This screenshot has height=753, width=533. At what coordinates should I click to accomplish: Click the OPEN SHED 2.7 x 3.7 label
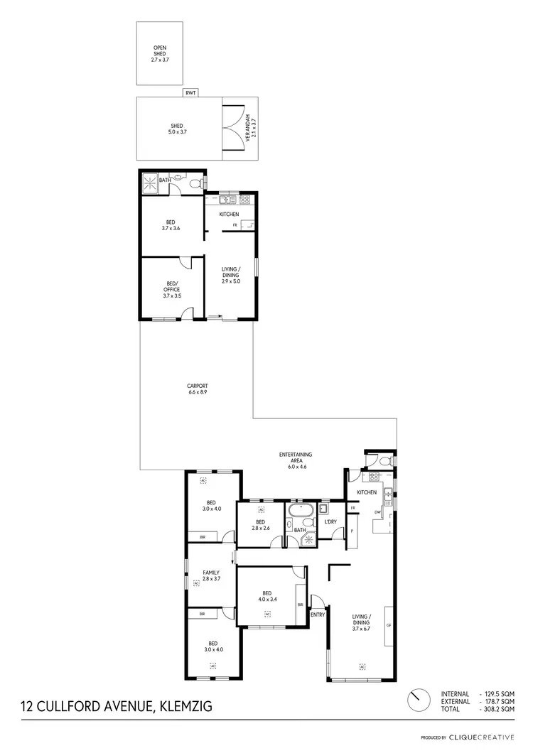[159, 54]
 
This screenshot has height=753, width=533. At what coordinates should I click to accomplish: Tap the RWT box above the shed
[190, 92]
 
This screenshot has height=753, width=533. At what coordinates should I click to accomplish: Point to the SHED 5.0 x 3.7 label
[166, 129]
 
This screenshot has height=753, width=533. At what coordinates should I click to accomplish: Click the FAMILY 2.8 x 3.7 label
[210, 575]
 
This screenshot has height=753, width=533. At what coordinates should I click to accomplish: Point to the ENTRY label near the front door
[318, 615]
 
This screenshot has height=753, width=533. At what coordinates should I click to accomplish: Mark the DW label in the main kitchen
[377, 512]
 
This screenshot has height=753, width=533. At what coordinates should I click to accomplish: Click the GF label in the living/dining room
[389, 625]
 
